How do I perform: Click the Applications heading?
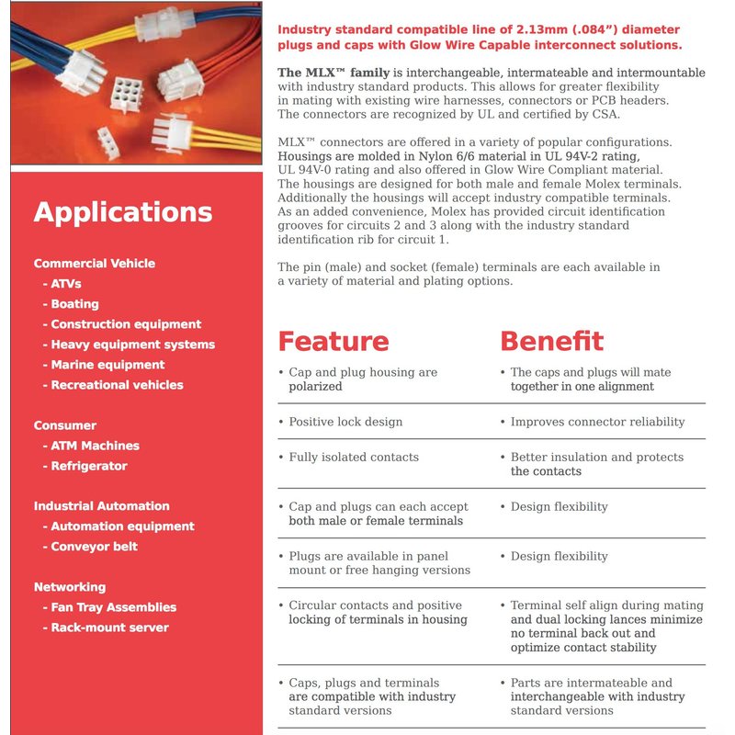(123, 212)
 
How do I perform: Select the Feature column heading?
(334, 341)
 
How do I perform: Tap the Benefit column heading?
(551, 341)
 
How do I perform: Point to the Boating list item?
(71, 304)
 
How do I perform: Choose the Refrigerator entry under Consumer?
(85, 466)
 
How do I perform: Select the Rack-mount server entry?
(106, 628)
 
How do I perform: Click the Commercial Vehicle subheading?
(95, 264)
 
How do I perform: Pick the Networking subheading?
(70, 587)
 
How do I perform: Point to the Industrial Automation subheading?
(102, 506)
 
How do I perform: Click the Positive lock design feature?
(345, 422)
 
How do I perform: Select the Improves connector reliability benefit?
(597, 422)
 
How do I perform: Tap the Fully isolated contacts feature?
(353, 457)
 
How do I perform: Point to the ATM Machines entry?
(91, 446)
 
